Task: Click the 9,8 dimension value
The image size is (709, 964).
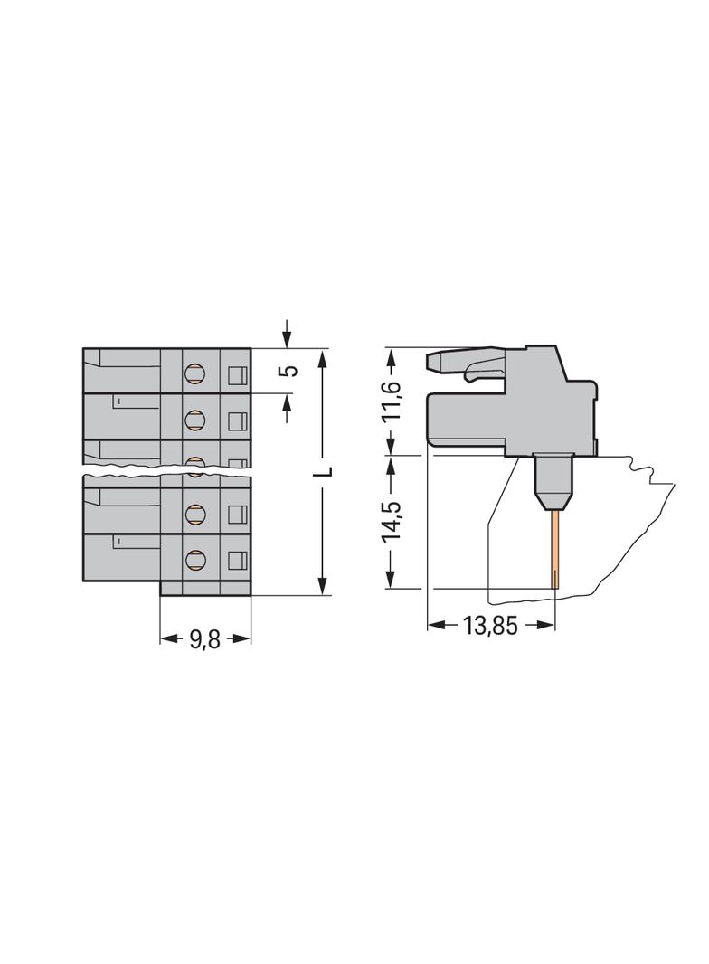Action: pyautogui.click(x=204, y=638)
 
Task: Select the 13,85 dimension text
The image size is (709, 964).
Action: pyautogui.click(x=489, y=626)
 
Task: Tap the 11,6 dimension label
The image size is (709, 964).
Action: pyautogui.click(x=391, y=401)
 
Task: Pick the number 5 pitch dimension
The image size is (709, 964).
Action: pyautogui.click(x=288, y=372)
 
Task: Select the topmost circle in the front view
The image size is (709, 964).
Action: pyautogui.click(x=194, y=372)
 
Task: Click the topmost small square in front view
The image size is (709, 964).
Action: pyautogui.click(x=237, y=373)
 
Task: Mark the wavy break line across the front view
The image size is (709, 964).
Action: pyautogui.click(x=167, y=471)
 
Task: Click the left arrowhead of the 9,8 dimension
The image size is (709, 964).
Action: pyautogui.click(x=166, y=638)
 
